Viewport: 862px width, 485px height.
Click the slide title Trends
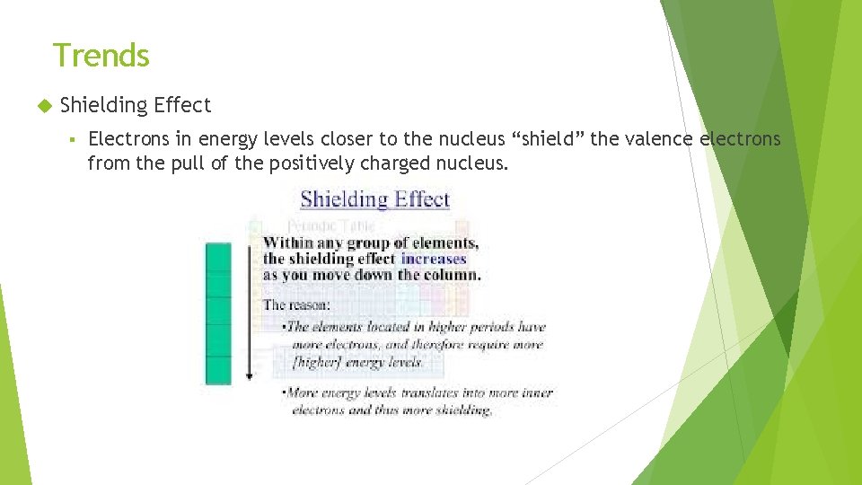(101, 56)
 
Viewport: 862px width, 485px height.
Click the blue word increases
(434, 259)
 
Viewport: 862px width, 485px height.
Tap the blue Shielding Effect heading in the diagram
(374, 199)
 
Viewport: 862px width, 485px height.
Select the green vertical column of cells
(218, 313)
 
